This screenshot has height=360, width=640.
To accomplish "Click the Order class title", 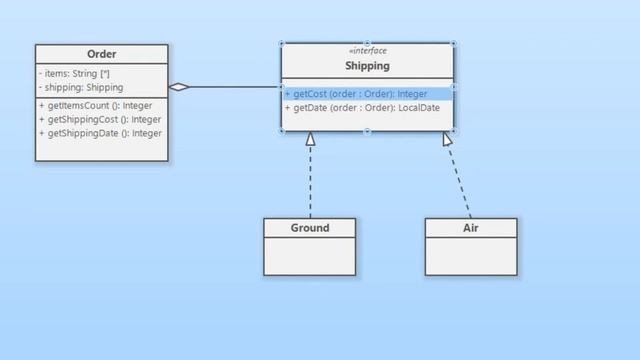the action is point(102,54).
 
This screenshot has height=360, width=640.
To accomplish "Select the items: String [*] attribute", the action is point(74,73).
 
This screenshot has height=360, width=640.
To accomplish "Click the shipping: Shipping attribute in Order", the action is point(81,87).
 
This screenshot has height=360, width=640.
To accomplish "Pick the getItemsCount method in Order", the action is point(96,106).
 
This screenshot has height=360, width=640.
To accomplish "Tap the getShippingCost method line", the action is point(100,120).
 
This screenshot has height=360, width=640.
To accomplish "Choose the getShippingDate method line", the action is point(100,133).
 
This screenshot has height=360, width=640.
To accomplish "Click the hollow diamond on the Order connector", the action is point(179,87).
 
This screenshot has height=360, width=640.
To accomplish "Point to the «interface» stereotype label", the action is point(368,51).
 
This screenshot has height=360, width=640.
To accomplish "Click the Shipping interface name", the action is point(367,66).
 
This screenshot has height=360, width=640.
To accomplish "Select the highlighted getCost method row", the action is point(368,94).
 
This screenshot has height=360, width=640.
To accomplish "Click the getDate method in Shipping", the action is point(362,108).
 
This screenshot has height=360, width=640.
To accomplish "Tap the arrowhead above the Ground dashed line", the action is point(310,139).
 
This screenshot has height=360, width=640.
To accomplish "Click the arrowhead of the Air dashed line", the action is point(447,139).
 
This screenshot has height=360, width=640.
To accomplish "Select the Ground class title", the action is point(310,228).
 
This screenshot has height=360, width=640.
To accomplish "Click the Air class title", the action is point(471,228).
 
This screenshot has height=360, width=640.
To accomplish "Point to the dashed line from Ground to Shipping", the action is point(310,182).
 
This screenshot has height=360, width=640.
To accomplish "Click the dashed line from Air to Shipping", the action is point(460,182).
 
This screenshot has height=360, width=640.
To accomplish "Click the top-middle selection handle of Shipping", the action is point(367,43).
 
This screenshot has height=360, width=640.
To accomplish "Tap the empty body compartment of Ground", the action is point(310,256).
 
